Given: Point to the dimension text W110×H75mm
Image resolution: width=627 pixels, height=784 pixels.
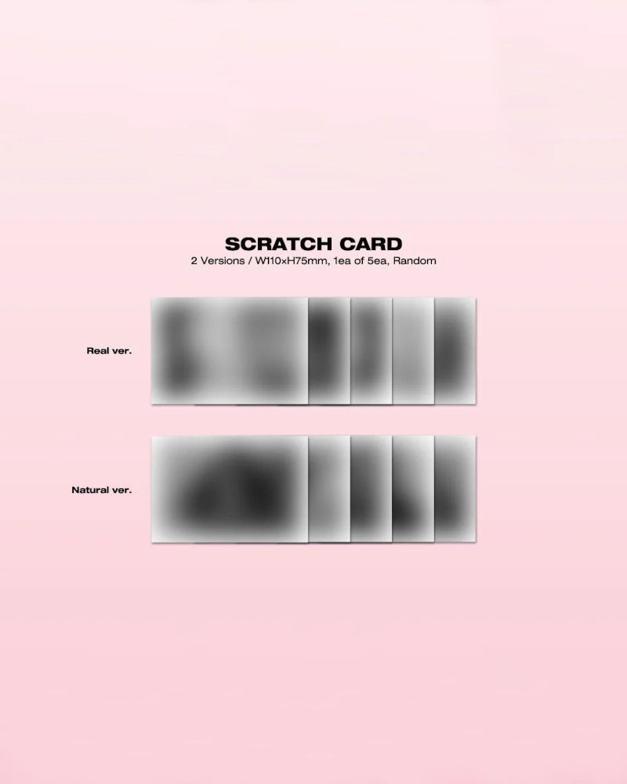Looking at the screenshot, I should pos(285,260).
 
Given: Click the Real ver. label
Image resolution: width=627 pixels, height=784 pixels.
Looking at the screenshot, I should pos(109,350).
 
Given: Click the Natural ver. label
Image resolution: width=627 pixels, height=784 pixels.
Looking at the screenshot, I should pos(101,490).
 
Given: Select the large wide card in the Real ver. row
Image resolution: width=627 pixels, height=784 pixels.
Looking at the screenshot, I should pos(229,350).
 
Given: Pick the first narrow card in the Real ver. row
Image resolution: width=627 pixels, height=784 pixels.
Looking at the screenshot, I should pos(329,350).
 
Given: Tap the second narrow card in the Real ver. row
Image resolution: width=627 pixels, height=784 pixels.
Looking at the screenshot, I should pos(371,350).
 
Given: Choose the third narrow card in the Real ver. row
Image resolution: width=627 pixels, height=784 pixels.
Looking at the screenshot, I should pos(413,350).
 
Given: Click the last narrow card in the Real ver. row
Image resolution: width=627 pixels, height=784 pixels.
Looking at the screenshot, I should pos(455,350).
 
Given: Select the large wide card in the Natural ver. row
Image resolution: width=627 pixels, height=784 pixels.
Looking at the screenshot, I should pos(229,489).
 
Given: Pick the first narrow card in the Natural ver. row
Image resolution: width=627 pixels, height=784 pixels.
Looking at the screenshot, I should pos(329,489).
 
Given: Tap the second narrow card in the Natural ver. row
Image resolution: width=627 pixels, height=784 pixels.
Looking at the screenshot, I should pos(371,489).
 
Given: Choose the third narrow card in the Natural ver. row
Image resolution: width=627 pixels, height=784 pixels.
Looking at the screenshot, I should pos(413,489).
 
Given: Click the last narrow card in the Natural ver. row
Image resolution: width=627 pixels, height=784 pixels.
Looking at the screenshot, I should pos(455,489).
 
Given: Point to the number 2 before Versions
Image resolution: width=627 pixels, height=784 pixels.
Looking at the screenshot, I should pos(194,260).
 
